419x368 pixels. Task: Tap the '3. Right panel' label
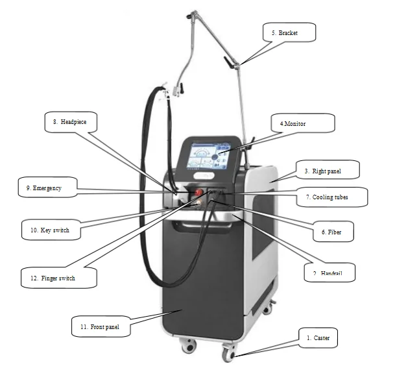(x=322, y=172)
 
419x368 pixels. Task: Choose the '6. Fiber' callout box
(x=331, y=232)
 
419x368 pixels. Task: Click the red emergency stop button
(x=197, y=192)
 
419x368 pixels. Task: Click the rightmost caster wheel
(x=228, y=354)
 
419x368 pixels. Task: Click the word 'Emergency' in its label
(x=48, y=188)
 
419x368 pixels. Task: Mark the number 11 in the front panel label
(x=84, y=326)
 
